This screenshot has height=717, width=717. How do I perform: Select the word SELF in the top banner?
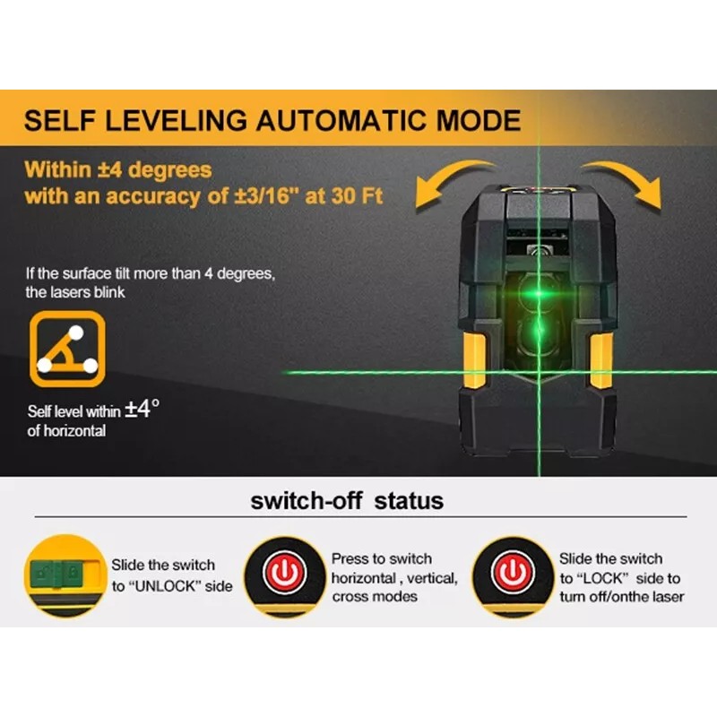[58, 121]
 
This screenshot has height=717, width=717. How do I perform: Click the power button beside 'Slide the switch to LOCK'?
[512, 573]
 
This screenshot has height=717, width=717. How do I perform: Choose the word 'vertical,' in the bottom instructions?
[434, 578]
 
